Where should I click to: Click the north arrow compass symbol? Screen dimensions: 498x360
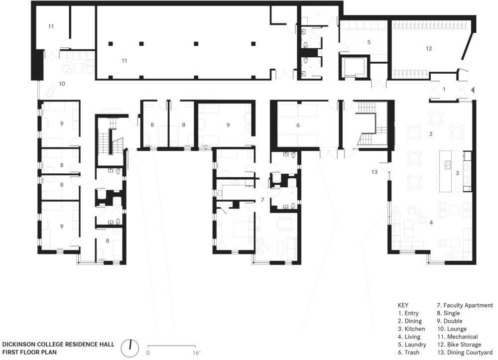point(130,348)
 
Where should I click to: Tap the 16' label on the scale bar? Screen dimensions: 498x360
point(196,353)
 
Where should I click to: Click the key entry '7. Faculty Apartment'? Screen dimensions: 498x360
point(465,305)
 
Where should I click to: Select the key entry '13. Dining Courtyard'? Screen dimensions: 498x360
point(465,353)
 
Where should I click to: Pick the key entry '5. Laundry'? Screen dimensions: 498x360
point(412,345)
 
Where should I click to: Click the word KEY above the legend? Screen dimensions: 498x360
point(403,305)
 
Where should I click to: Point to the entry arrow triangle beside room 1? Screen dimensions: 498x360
point(472,90)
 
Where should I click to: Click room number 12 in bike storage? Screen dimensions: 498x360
point(429,49)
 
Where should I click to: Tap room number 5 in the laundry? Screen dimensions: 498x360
point(369,42)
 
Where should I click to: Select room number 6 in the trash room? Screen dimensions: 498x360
point(298,125)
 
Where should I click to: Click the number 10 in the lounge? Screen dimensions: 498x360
point(62,84)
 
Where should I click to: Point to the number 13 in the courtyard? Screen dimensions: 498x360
point(374,172)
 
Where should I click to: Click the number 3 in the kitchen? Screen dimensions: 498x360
point(457,173)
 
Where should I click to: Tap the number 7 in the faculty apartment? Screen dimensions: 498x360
point(262,200)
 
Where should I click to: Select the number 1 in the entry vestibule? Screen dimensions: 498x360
point(444,89)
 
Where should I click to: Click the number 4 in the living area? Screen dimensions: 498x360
point(431,223)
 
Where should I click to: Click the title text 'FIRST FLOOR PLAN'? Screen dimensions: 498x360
point(29,352)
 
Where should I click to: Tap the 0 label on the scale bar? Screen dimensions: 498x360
point(148,353)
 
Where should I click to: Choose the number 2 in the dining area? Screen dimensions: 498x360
point(431,134)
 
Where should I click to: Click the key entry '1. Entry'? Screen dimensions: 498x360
point(408,313)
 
